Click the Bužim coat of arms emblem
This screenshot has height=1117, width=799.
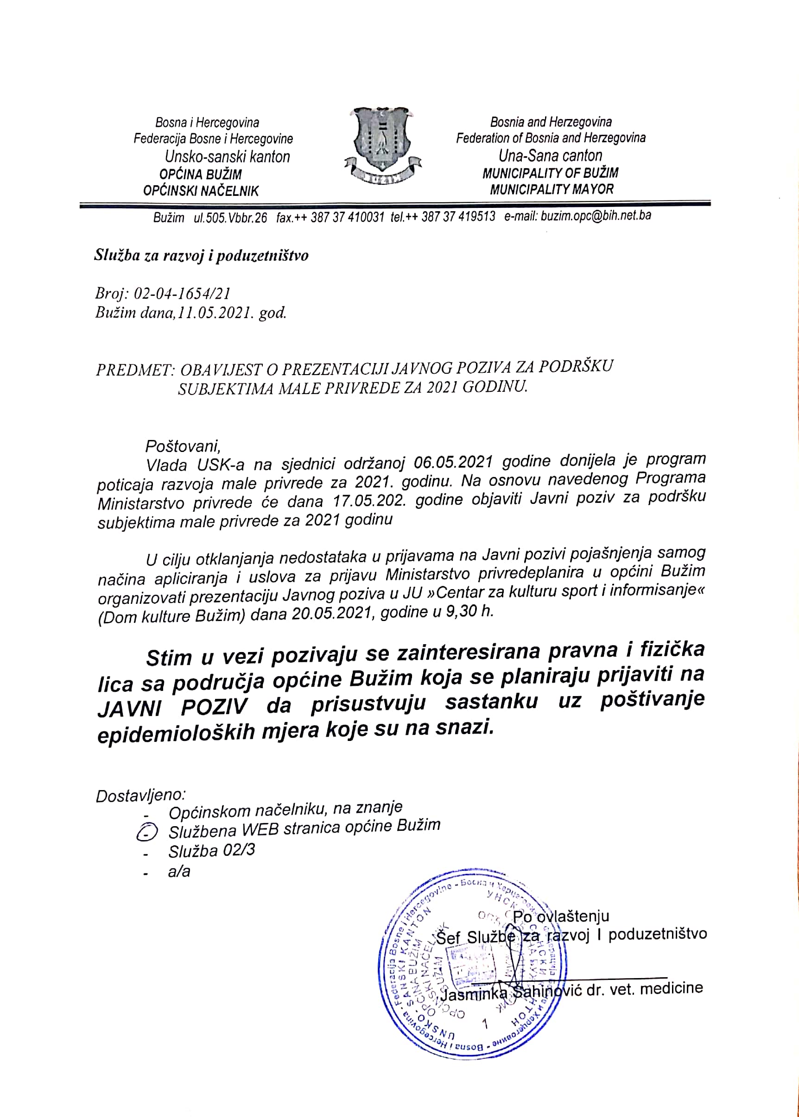click(382, 145)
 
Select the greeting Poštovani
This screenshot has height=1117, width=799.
click(183, 446)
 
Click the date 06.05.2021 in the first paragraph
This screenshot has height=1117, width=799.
click(453, 462)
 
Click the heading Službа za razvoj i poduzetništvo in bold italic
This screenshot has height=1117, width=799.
click(201, 255)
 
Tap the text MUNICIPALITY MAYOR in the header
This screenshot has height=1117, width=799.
click(552, 189)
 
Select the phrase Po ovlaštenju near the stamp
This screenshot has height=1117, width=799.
click(561, 916)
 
